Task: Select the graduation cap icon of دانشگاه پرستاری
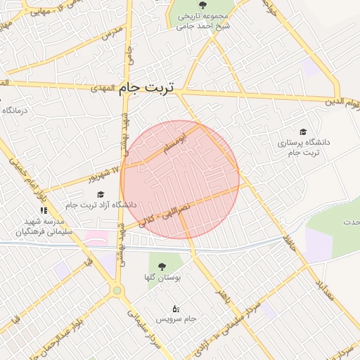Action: tap(303, 131)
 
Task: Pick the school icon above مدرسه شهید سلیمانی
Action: tap(44, 210)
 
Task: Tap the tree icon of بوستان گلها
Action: tap(162, 266)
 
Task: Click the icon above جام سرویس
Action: tap(175, 309)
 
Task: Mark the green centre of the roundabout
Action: tap(117, 290)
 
